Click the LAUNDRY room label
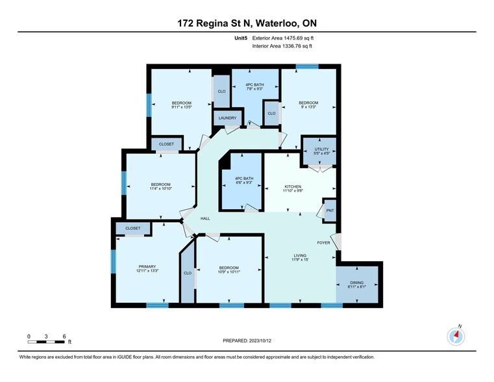click(227, 118)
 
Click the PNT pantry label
click(329, 210)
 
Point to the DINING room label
click(356, 283)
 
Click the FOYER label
click(323, 243)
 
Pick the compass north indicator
click(457, 336)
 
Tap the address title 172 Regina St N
click(247, 24)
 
